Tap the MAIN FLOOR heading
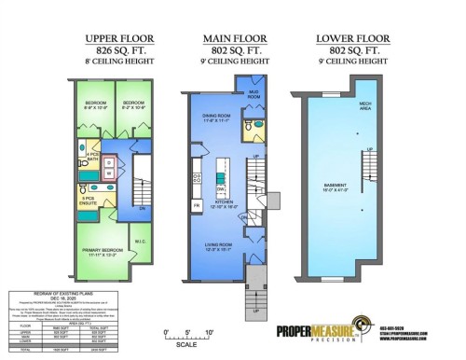click(x=229, y=38)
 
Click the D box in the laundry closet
click(x=108, y=161)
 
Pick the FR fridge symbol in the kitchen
click(x=196, y=204)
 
